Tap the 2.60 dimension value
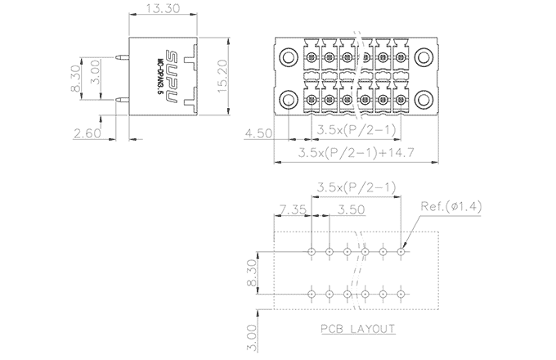pyautogui.click(x=87, y=133)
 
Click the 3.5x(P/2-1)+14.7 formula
pyautogui.click(x=352, y=152)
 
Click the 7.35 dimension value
pyautogui.click(x=292, y=210)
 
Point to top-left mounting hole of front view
pyautogui.click(x=289, y=56)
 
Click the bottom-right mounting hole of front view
pyautogui.click(x=424, y=100)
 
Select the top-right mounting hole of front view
pyautogui.click(x=424, y=56)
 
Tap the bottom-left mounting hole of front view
pyautogui.click(x=289, y=100)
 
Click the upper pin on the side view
pyautogui.click(x=121, y=58)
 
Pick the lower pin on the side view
pyautogui.click(x=121, y=100)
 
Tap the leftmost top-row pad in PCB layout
pyautogui.click(x=312, y=251)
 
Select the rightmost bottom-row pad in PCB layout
pyautogui.click(x=401, y=293)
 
